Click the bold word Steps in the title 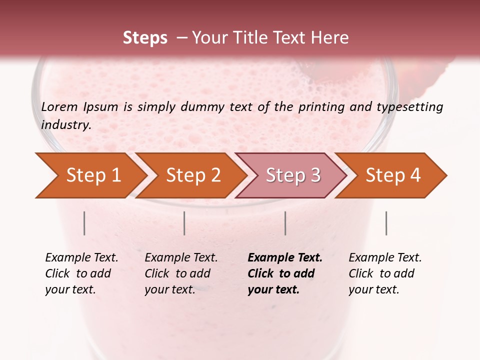(145, 38)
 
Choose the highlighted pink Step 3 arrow (293, 175)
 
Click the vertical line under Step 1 (84, 223)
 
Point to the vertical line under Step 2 (184, 223)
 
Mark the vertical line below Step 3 (285, 223)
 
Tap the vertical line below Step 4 (386, 223)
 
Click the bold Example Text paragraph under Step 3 (285, 273)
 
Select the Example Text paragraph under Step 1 (81, 273)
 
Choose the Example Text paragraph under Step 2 (181, 273)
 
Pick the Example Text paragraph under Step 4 (385, 273)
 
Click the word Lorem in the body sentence (59, 106)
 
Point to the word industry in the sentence (65, 124)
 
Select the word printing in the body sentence (322, 106)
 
